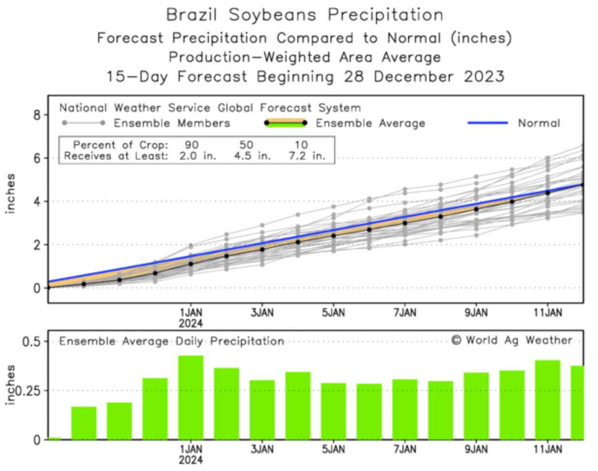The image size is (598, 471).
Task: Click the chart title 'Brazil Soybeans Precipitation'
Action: point(305,15)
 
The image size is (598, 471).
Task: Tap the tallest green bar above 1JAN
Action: point(190,397)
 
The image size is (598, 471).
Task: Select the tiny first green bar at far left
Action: point(54,438)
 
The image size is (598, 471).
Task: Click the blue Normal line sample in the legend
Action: point(487,123)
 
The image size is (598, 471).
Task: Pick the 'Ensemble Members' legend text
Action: point(171,123)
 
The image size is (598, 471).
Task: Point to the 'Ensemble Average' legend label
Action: point(370,123)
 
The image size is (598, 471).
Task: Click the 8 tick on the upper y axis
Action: point(37,115)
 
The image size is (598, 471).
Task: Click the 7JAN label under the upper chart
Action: point(405,311)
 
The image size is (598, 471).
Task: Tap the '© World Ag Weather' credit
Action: point(512,340)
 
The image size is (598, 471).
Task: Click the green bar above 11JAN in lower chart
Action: point(547,400)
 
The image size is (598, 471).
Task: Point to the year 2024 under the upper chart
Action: point(190,323)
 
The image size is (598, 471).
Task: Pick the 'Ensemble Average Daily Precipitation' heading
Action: point(171,341)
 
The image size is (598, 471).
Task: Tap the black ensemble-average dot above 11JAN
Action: point(547,193)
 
